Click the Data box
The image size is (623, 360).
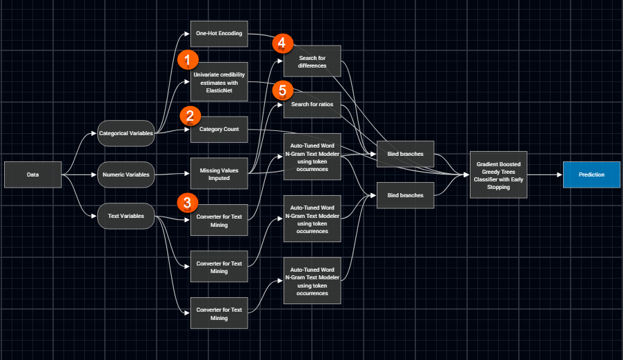tap(33, 174)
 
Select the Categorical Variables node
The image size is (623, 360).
tap(126, 133)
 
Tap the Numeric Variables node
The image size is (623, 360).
tap(126, 174)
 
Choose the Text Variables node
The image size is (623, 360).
tap(126, 216)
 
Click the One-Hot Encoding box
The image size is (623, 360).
tap(219, 34)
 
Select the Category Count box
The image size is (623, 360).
tap(219, 130)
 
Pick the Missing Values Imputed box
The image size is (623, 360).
tap(219, 174)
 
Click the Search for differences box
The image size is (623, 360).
tap(313, 61)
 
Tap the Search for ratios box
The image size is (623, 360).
tap(313, 103)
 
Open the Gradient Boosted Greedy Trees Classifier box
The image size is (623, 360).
tap(499, 174)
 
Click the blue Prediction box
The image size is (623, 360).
tap(592, 174)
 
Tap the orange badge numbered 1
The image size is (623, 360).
tap(188, 60)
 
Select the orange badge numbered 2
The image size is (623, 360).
tap(190, 115)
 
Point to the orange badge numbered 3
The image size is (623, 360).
tap(187, 202)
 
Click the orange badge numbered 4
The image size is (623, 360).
tap(281, 43)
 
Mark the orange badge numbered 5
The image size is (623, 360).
tap(282, 89)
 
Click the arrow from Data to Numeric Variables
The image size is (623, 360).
tap(79, 174)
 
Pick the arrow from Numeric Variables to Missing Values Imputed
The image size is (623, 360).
tap(172, 174)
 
